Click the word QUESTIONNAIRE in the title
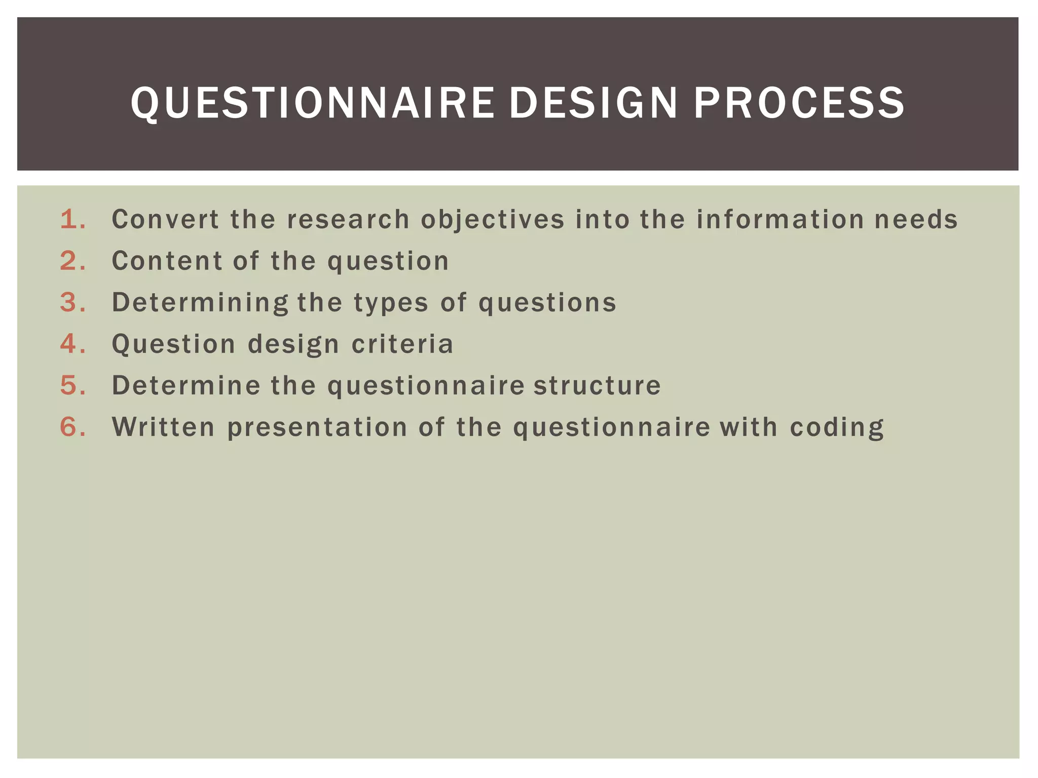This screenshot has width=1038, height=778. pos(312,103)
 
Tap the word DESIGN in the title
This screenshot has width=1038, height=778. pos(593,103)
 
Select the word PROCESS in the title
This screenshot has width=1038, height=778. pos(799,103)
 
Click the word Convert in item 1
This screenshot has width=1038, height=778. pos(165,219)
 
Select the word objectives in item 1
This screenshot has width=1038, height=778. pos(492,220)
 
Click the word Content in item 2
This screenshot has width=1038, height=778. pos(167,261)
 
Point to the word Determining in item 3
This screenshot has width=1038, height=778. pos(200,303)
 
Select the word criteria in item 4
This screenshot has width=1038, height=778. pos(402,344)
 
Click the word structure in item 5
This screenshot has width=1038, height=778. pos(597,385)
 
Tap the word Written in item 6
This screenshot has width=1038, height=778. pos(163,427)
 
